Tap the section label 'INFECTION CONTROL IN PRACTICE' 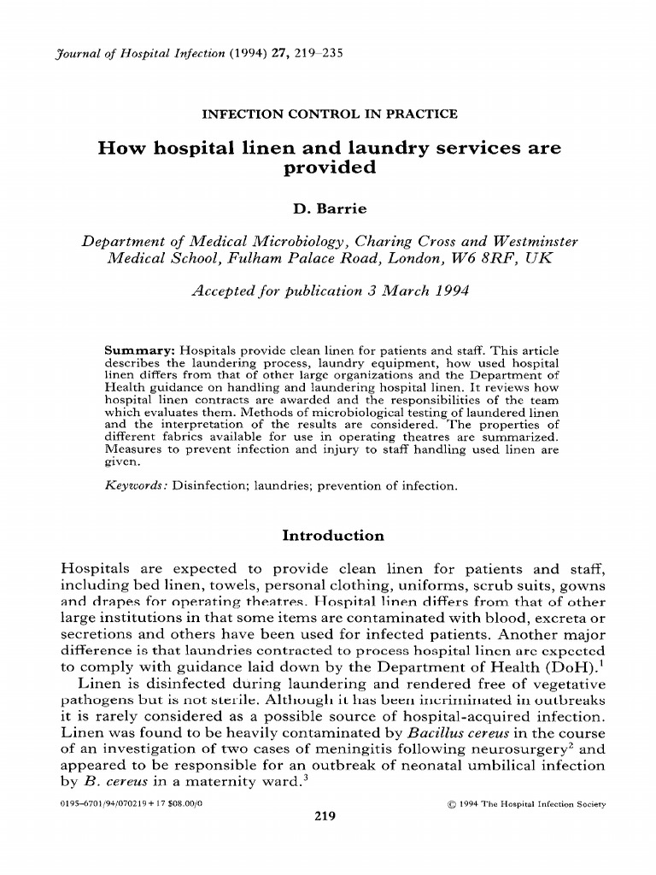(328, 113)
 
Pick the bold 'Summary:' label (133, 350)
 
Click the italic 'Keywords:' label (136, 485)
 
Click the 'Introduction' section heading (332, 536)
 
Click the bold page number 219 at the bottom (325, 815)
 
